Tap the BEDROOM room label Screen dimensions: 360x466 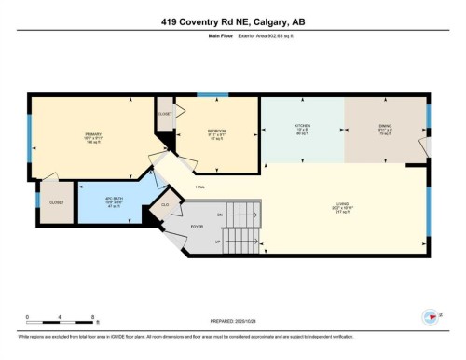click(x=218, y=132)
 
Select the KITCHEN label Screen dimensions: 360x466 click(x=302, y=127)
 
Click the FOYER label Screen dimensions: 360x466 click(x=198, y=226)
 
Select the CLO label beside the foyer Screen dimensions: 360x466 click(x=165, y=205)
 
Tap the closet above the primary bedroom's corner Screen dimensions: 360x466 click(x=165, y=114)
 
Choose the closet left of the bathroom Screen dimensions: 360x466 click(x=50, y=200)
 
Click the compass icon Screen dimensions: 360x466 click(x=431, y=315)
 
